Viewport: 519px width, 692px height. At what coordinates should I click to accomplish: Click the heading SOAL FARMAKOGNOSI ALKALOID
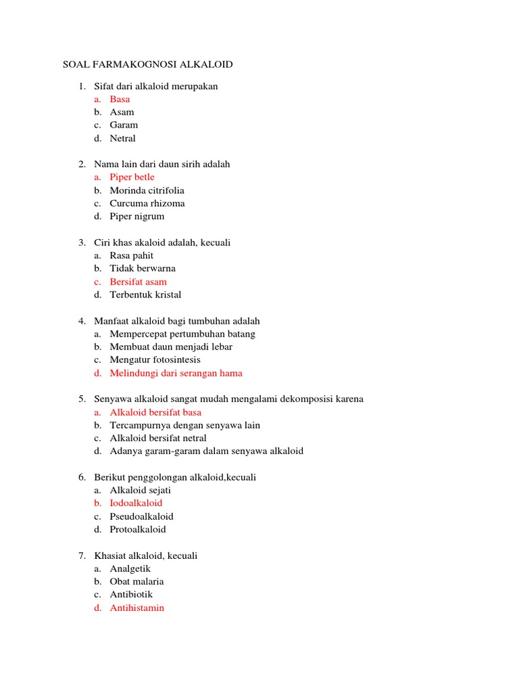(148, 64)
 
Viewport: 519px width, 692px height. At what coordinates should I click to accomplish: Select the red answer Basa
(120, 99)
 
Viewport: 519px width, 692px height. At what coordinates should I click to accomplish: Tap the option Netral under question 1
(122, 139)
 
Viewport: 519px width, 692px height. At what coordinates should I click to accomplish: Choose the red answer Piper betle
(132, 177)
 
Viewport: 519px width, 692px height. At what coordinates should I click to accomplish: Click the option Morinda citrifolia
(147, 191)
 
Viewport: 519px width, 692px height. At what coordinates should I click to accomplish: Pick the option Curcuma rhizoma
(147, 203)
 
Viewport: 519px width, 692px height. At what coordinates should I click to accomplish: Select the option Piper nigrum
(137, 216)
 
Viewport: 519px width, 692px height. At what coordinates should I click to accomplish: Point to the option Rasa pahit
(131, 255)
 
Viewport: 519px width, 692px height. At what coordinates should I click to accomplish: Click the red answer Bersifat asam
(138, 282)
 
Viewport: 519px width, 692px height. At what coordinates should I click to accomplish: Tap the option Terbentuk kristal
(145, 295)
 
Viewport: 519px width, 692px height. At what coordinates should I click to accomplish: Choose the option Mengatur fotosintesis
(155, 360)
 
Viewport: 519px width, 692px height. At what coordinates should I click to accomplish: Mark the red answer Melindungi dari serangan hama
(176, 373)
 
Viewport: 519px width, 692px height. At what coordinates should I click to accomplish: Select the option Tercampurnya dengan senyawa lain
(184, 425)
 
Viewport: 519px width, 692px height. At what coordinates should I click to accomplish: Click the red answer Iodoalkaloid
(136, 503)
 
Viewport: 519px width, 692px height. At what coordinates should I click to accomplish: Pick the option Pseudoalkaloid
(141, 516)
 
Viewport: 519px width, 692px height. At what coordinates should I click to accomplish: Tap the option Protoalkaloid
(137, 529)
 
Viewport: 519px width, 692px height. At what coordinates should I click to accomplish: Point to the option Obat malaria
(137, 581)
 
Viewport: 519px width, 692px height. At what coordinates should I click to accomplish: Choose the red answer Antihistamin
(137, 608)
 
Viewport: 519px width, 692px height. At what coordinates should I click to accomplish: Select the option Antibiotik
(131, 595)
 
